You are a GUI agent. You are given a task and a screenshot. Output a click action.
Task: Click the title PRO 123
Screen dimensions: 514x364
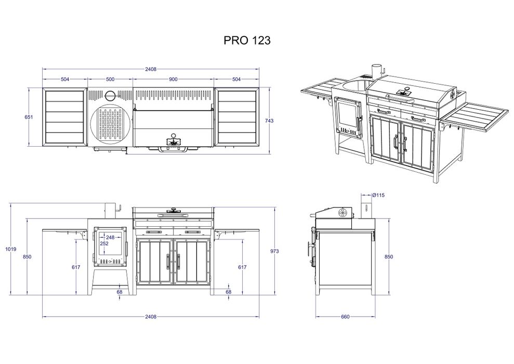coord(247,41)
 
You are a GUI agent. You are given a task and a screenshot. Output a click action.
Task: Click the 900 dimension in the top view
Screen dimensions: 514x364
coord(173,79)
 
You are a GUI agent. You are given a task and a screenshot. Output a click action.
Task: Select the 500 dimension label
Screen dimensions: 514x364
coord(111,79)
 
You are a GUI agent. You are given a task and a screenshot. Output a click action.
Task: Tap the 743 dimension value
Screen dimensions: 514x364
coord(269,121)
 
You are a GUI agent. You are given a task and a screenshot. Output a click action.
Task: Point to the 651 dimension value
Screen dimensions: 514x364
coord(29,117)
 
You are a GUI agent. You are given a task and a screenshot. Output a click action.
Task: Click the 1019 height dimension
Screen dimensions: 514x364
coord(11,249)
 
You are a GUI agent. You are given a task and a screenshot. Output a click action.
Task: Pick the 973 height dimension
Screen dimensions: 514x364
coord(274,251)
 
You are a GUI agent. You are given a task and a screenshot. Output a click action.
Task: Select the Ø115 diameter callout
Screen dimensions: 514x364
coord(378,195)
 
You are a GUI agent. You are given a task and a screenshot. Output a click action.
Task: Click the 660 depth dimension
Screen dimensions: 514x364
coord(346,317)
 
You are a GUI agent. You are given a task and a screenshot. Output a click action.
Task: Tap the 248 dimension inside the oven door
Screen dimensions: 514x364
coord(110,238)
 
